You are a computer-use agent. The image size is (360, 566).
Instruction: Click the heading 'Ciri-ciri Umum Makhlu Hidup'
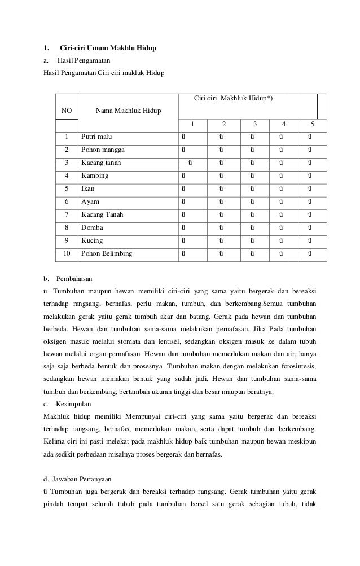tap(108, 47)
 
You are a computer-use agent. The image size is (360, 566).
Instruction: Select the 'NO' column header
tap(66, 111)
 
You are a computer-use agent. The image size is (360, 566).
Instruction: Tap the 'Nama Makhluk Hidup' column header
tap(128, 111)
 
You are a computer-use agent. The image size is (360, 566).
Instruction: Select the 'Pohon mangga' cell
tap(103, 150)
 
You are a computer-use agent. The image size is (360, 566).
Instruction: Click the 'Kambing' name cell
tap(95, 175)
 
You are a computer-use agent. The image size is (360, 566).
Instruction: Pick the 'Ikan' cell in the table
tap(87, 188)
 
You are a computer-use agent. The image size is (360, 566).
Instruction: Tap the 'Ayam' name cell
tap(90, 201)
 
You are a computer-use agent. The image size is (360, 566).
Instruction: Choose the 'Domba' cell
tap(92, 227)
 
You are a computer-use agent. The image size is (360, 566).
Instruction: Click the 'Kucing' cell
tap(93, 240)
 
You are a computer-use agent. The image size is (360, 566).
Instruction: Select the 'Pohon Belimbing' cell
tap(107, 253)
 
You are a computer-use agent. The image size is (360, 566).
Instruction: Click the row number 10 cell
tap(67, 253)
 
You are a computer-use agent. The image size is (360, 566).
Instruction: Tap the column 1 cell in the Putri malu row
tap(182, 137)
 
